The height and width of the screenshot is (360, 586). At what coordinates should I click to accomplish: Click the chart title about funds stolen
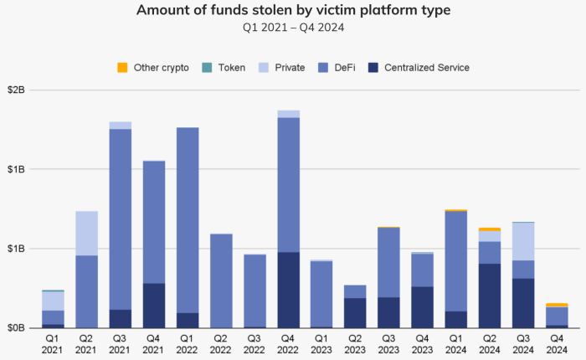coord(292,11)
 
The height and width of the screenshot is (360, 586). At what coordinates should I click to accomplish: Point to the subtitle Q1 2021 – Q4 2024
coord(292,28)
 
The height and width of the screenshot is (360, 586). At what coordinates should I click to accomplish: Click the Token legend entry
coord(231,67)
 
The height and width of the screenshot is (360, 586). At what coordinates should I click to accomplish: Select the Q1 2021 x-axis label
coord(53,343)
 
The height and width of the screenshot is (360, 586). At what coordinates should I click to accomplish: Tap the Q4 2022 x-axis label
coord(288,343)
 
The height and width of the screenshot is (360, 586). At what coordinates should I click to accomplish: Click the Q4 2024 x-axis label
coord(557,343)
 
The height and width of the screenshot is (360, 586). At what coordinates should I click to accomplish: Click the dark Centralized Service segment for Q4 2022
coord(288,290)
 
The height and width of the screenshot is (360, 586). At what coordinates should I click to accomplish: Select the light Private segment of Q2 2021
coord(87,233)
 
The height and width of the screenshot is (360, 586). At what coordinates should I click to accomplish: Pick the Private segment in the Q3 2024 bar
coord(523,241)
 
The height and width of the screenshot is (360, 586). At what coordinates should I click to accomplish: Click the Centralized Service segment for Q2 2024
coord(490,296)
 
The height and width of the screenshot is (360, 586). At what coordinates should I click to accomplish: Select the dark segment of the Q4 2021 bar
coord(154,306)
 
